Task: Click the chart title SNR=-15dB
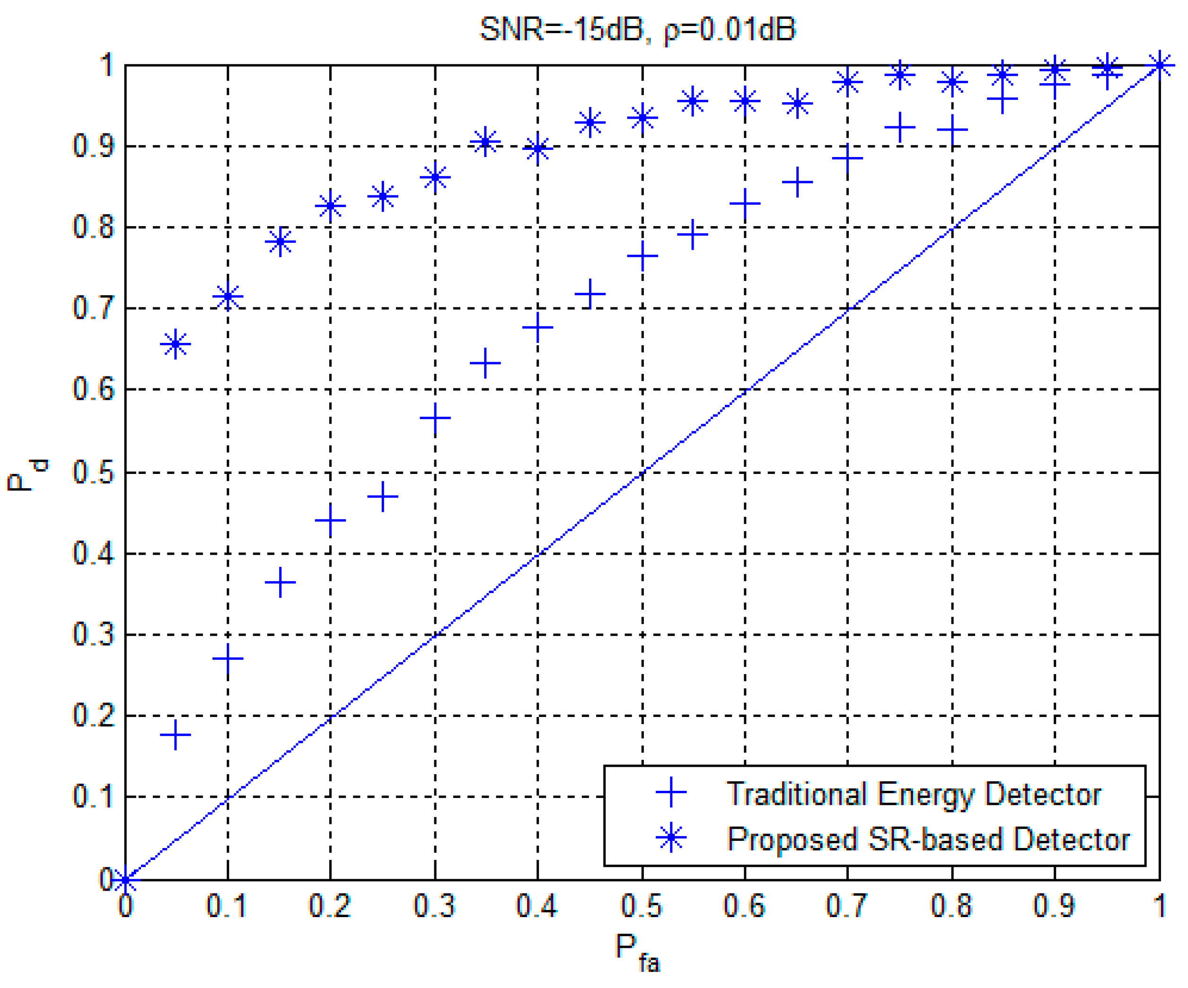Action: [x=638, y=29]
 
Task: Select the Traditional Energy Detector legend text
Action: [x=913, y=794]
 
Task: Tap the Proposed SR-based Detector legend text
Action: [x=928, y=839]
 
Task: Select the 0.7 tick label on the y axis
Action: [x=93, y=309]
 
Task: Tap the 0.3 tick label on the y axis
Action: [x=93, y=635]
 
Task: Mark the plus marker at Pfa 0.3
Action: [x=435, y=419]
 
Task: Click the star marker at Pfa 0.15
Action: [x=280, y=242]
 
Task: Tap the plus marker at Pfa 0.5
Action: [x=642, y=255]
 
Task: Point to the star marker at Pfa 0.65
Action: [x=797, y=104]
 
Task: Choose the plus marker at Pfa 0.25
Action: [x=383, y=497]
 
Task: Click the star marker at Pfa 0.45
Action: [x=590, y=122]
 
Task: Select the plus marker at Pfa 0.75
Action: [x=899, y=128]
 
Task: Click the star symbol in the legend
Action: [x=671, y=838]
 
